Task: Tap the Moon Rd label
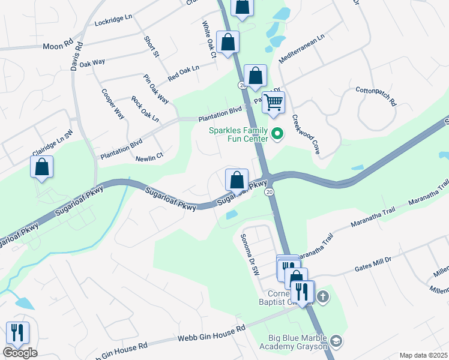58,45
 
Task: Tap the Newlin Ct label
149,157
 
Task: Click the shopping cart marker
273,103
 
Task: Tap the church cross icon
322,296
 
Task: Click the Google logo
20,353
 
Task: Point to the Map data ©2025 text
423,355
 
